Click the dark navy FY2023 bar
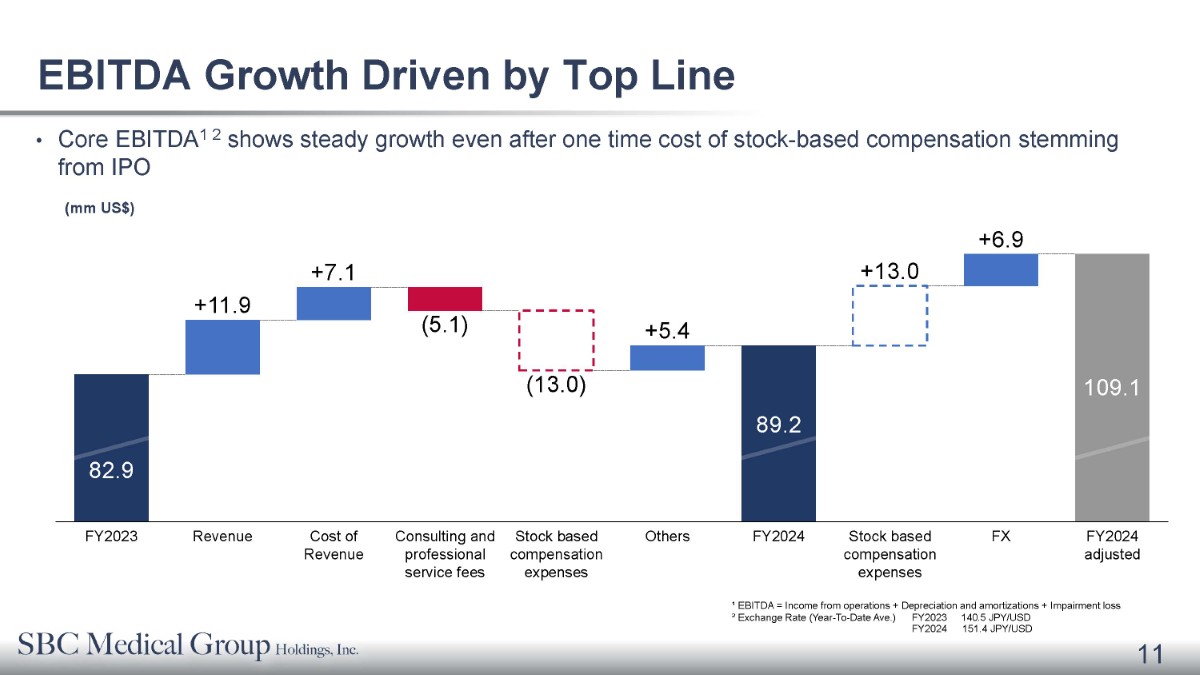111,447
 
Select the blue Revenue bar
222,347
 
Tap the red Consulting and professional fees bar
445,298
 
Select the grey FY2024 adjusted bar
1112,387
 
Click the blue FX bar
1001,269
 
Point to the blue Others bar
667,358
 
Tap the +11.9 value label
222,305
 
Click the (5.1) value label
445,325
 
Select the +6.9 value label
1001,239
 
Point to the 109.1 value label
1112,387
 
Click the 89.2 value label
778,425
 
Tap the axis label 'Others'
667,536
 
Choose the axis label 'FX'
1001,536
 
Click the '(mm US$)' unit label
100,208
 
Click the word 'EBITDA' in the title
114,75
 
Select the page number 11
1150,654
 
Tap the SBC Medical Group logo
188,646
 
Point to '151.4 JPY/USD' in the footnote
996,629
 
